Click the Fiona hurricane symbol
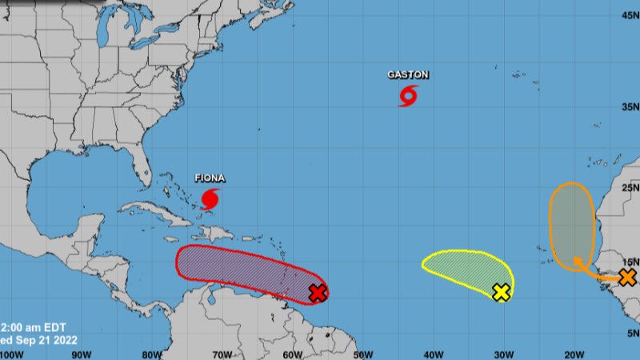[210, 198]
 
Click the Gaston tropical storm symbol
[408, 97]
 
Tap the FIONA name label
[210, 178]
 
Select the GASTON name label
[408, 75]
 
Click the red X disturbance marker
[318, 293]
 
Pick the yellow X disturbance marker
[501, 292]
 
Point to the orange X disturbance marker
[627, 278]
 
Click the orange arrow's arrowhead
[576, 259]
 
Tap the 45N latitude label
[630, 14]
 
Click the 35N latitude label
[630, 107]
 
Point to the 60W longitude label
[292, 354]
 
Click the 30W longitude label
[503, 354]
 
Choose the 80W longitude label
[152, 354]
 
